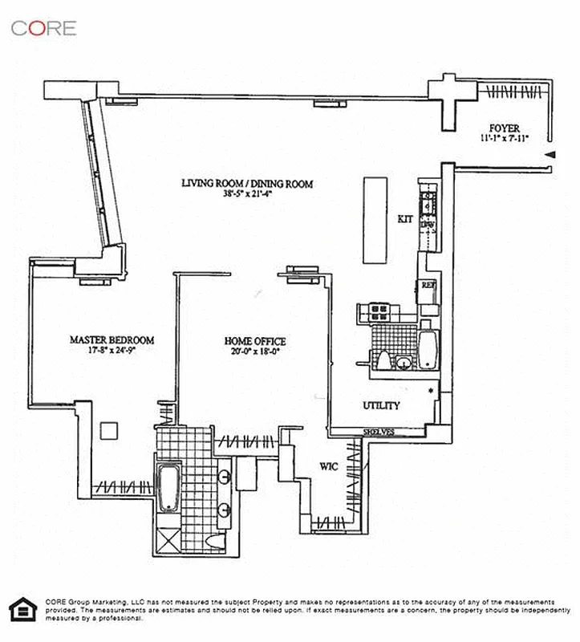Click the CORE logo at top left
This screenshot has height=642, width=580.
[44, 28]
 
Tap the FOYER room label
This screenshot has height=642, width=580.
[505, 128]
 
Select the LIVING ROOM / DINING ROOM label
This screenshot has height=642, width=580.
[246, 184]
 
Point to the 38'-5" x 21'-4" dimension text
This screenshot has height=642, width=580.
[246, 194]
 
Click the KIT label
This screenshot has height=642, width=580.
[405, 218]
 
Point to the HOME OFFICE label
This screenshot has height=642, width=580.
[254, 341]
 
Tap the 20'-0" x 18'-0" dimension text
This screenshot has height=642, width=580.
[254, 351]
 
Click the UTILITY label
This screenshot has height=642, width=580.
[381, 406]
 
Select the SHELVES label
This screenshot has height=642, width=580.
[379, 433]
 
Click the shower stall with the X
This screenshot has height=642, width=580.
[169, 539]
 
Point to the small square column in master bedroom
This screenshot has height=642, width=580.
[108, 432]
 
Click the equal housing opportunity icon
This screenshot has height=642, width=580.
[21, 609]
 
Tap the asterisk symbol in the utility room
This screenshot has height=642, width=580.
[431, 391]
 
